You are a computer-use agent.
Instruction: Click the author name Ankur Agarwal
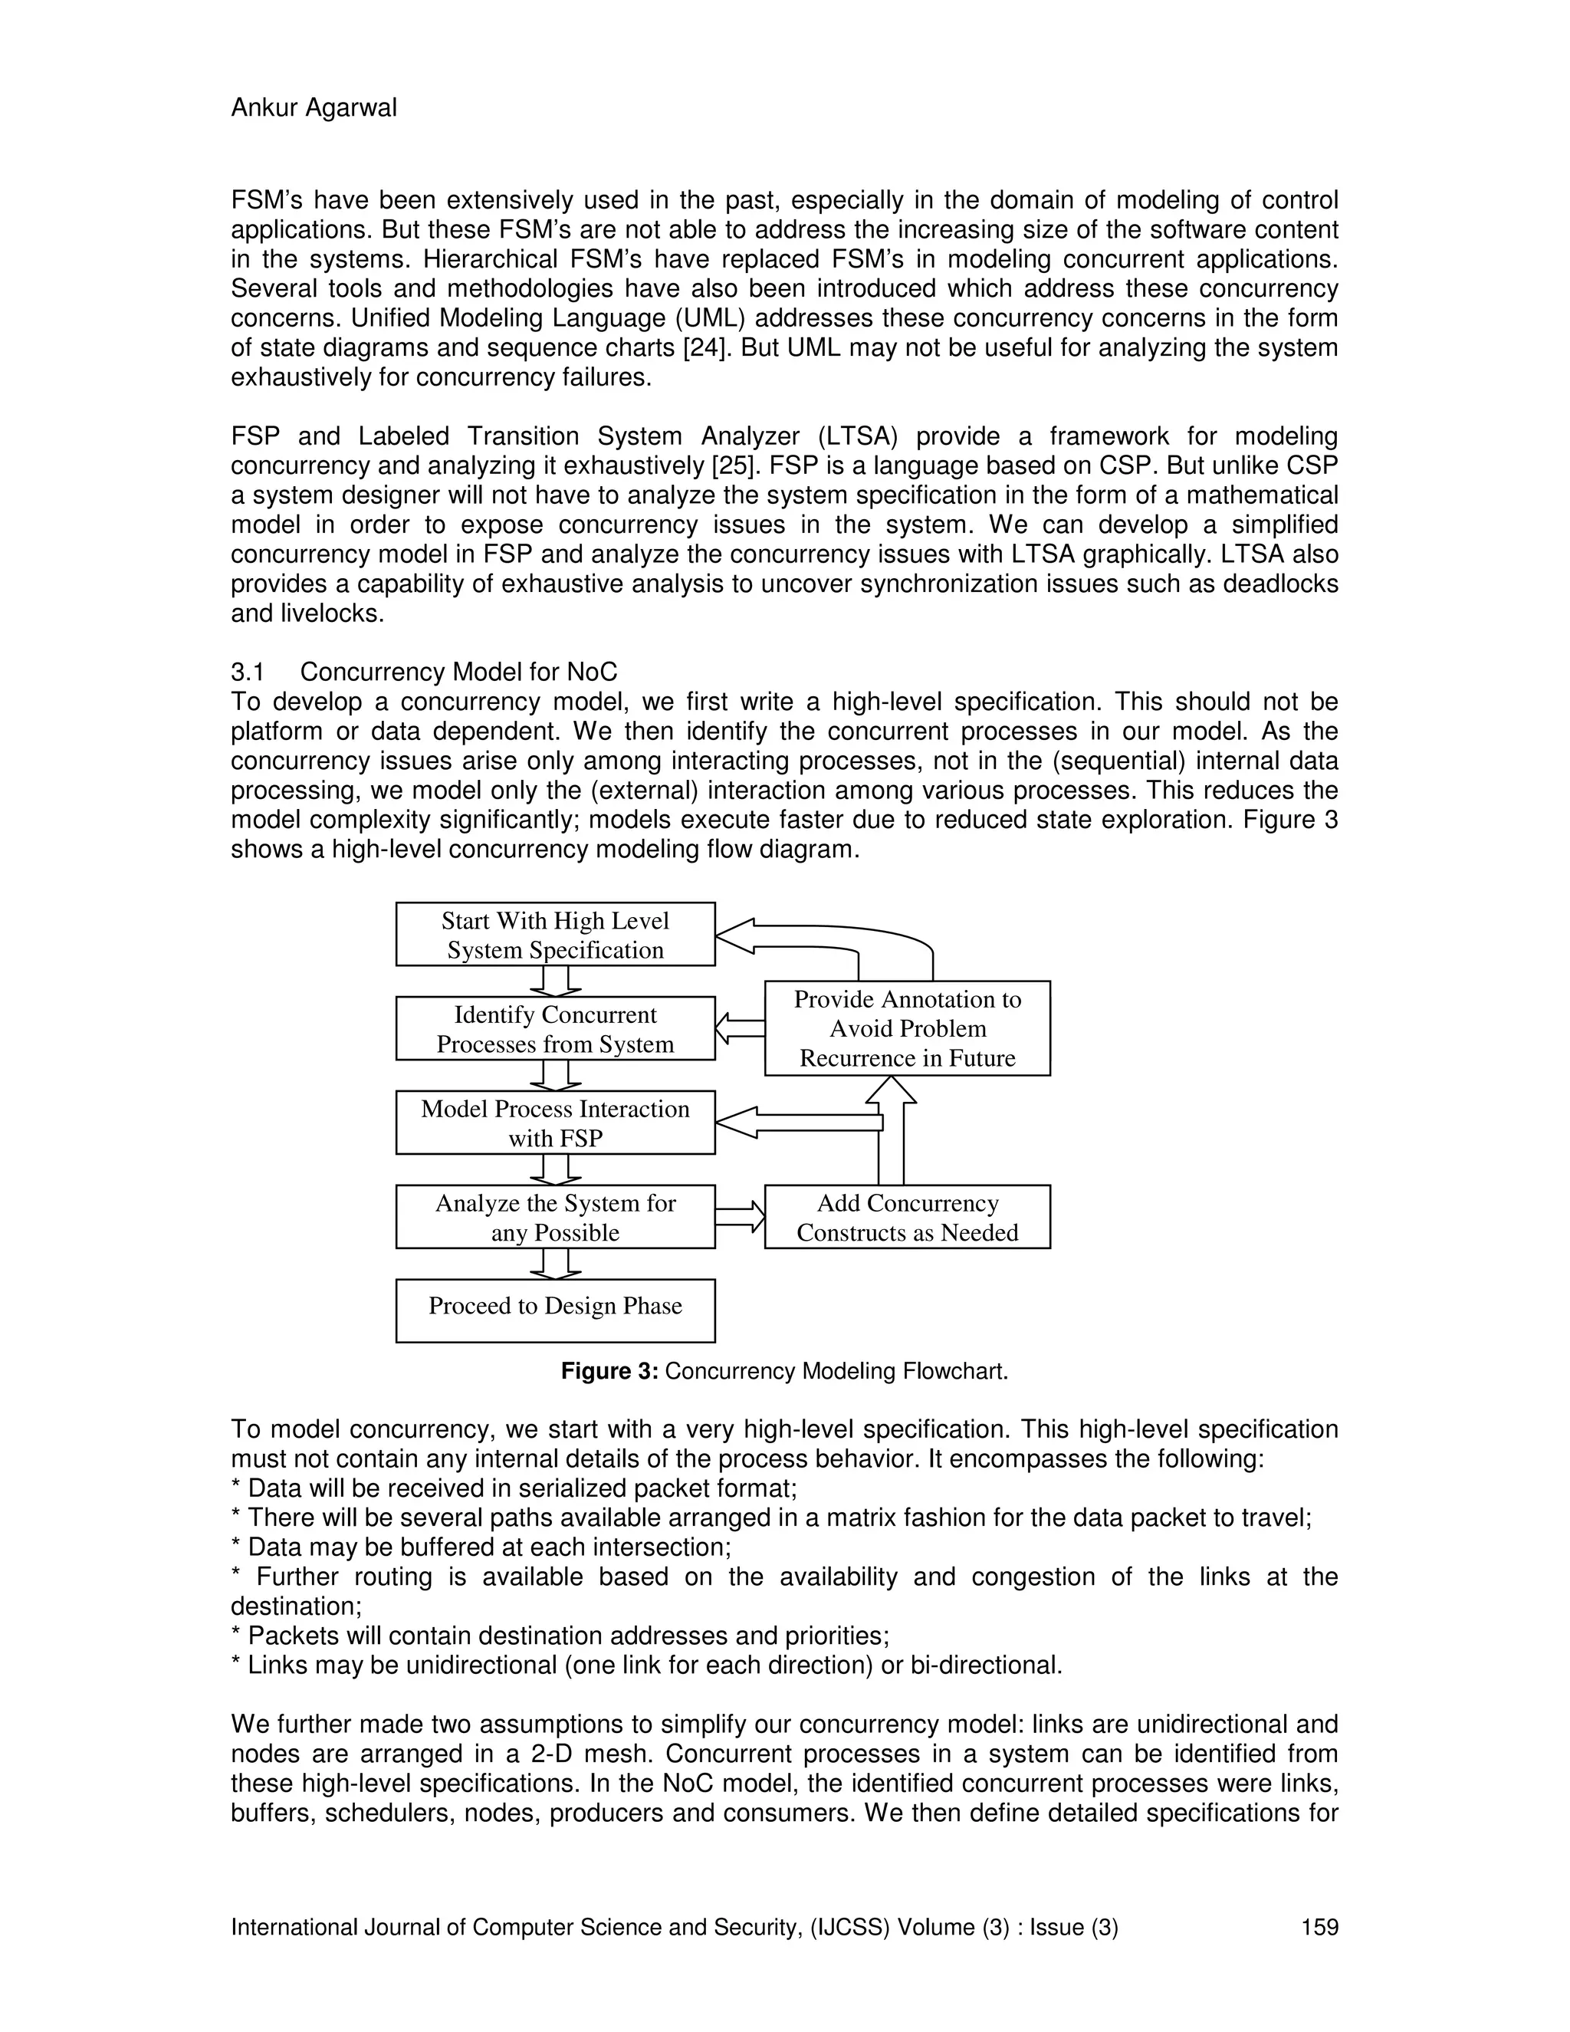[x=314, y=108]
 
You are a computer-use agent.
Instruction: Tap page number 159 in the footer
[x=1319, y=1927]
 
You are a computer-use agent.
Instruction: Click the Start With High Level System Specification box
[x=555, y=935]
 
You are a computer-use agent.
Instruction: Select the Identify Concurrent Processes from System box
[x=555, y=1029]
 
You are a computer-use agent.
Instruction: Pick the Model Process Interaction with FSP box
[x=555, y=1123]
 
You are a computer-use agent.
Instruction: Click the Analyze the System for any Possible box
[x=555, y=1217]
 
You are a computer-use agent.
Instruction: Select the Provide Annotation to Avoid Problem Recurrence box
[x=907, y=1028]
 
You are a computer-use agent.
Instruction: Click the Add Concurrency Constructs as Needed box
[x=907, y=1217]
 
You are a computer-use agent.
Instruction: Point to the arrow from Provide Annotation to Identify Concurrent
[x=741, y=1028]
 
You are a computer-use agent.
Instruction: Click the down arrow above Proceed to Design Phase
[x=555, y=1264]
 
